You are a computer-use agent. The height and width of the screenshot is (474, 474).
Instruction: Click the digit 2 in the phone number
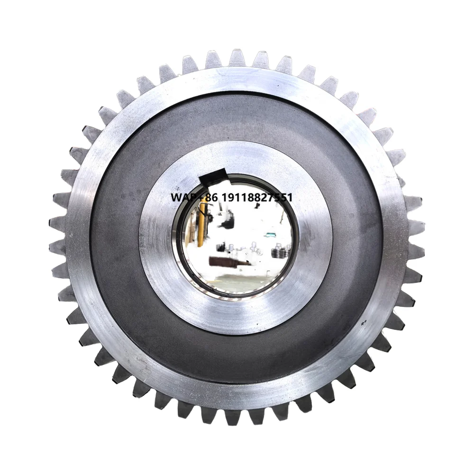[x=264, y=197]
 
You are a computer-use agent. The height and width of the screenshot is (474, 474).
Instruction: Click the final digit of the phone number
[x=289, y=197]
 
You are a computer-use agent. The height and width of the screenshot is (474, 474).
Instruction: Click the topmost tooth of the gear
[x=237, y=58]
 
